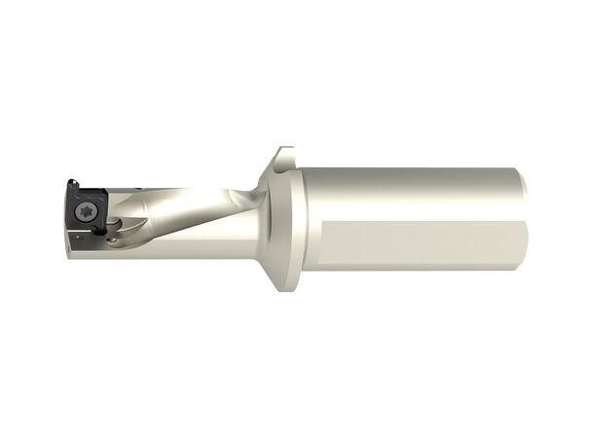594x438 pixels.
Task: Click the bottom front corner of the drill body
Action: pyautogui.click(x=70, y=259)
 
